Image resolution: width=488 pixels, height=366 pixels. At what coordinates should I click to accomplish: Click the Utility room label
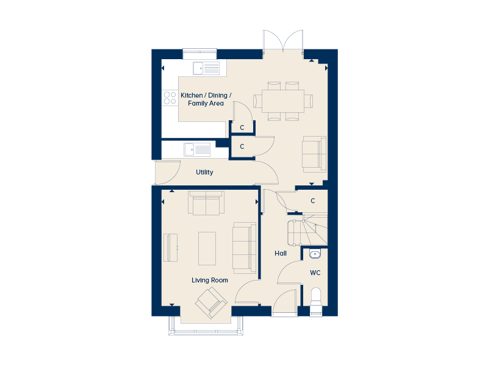(x=204, y=172)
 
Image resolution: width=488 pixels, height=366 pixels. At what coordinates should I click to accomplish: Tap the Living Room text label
(x=210, y=280)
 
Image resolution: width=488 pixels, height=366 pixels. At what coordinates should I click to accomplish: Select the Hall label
(x=281, y=253)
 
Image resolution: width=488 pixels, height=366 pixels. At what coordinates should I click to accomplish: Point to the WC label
(x=315, y=273)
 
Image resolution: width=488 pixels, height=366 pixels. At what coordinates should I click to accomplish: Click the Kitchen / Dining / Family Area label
(x=206, y=99)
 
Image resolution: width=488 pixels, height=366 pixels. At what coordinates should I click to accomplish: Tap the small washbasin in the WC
(x=315, y=254)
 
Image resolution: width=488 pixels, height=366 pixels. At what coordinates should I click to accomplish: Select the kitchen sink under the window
(x=206, y=68)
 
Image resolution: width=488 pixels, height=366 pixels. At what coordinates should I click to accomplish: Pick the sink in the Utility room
(x=197, y=149)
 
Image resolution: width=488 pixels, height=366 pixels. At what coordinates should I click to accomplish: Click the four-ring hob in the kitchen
(x=170, y=98)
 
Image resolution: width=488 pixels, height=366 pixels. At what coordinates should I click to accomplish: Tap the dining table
(x=283, y=101)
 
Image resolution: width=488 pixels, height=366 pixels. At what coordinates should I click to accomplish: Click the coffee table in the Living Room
(x=207, y=248)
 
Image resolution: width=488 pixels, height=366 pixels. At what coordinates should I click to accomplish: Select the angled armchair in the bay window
(x=211, y=303)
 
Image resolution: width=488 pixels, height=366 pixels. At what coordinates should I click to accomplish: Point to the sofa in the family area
(x=314, y=154)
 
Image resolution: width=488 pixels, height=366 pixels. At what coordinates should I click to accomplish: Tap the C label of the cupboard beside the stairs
(x=313, y=201)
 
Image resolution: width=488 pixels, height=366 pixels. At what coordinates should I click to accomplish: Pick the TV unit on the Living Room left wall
(x=170, y=248)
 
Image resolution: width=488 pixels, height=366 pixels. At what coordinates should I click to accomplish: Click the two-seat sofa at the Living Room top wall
(x=206, y=203)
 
